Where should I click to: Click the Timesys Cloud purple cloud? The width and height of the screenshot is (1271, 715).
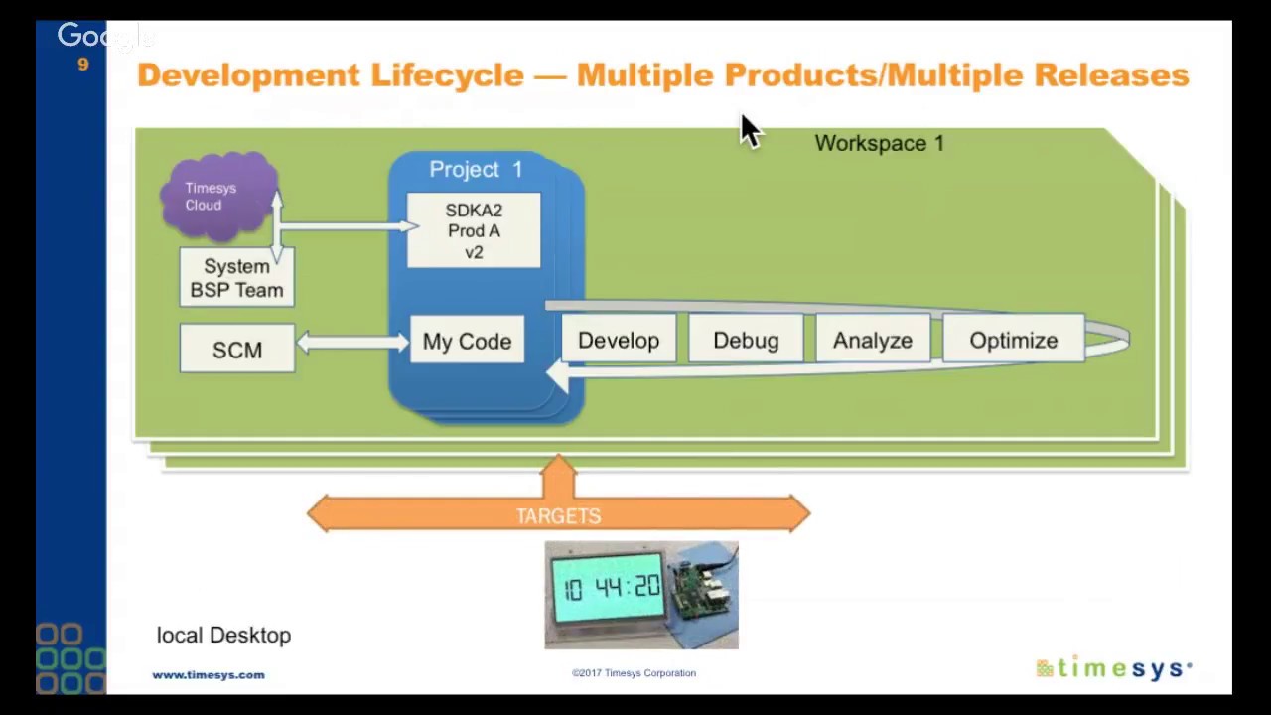point(216,195)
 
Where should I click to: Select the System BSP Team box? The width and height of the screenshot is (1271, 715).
point(236,278)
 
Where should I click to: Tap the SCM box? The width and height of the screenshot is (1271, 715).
point(237,350)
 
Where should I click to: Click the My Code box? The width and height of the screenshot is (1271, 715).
point(467,341)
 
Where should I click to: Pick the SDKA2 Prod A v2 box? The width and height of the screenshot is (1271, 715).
point(474,230)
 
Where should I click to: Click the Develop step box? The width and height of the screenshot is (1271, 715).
point(618,340)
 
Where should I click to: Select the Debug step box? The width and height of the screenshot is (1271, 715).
point(746,340)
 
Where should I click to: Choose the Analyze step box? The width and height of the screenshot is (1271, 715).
point(872,340)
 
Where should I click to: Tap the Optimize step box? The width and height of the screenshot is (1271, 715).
point(1013,340)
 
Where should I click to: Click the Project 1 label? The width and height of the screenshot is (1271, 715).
point(476,169)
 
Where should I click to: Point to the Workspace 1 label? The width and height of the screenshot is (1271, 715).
point(879,143)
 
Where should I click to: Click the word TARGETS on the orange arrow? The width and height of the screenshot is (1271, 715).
point(558,516)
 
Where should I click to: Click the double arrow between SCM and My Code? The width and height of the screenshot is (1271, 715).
point(353,343)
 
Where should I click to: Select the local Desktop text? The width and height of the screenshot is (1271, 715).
point(223,635)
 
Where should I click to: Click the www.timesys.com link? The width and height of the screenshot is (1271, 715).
point(209,674)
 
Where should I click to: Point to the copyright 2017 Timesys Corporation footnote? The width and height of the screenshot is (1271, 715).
point(634,673)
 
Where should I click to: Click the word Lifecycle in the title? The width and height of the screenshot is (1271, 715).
point(447,75)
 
